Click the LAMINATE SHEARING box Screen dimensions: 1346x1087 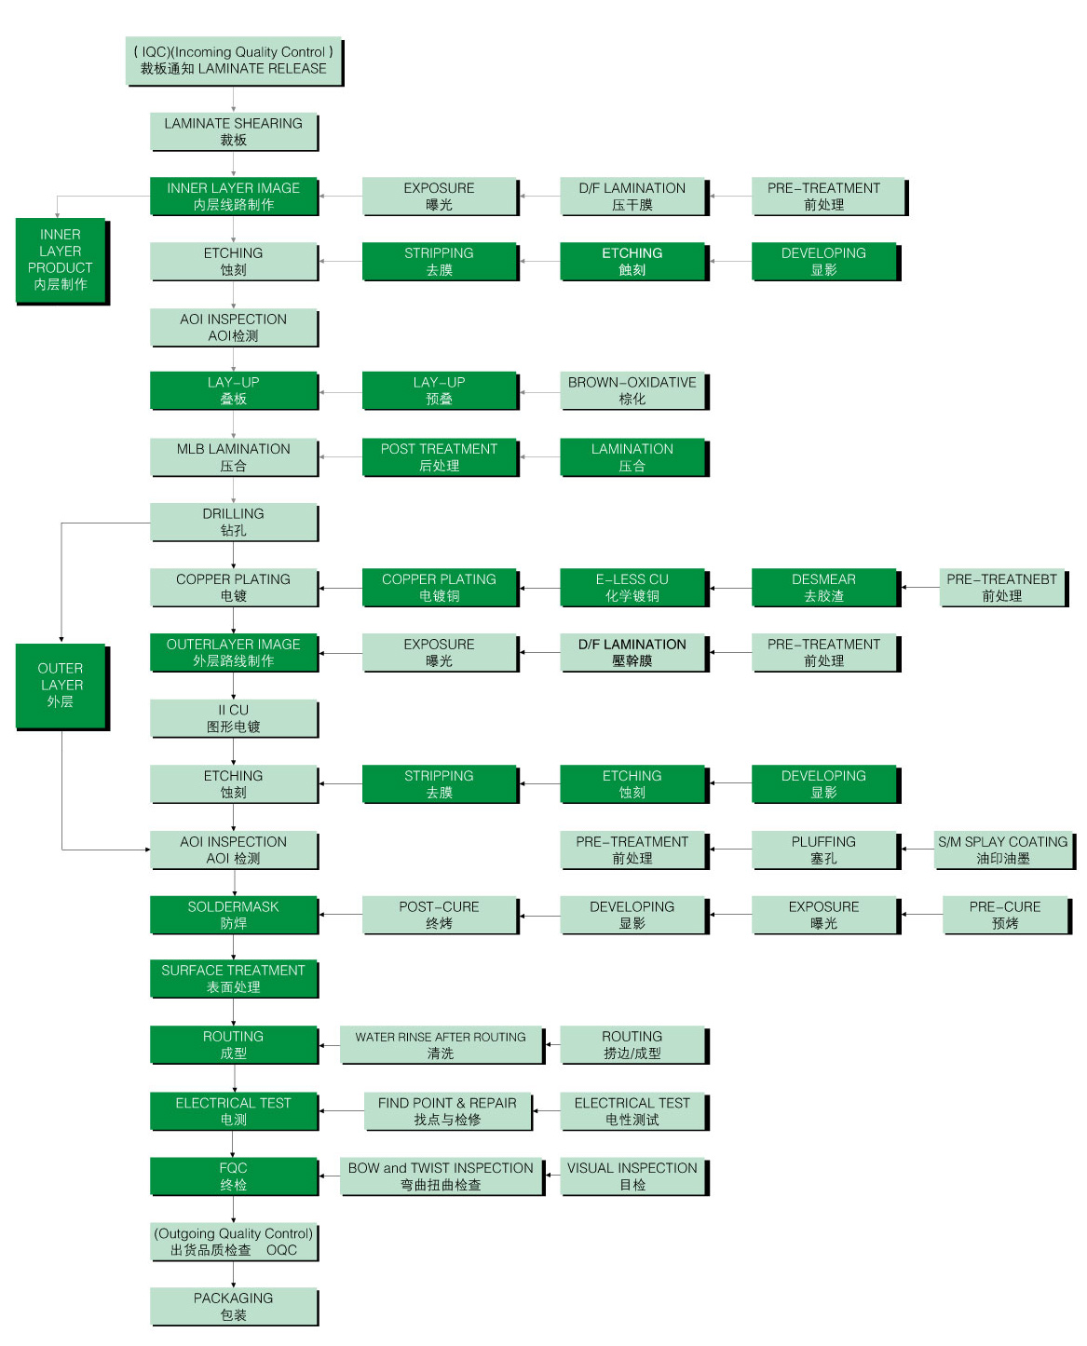pyautogui.click(x=233, y=131)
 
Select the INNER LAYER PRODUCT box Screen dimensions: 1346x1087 pyautogui.click(x=61, y=260)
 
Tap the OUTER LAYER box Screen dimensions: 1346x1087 pyautogui.click(x=61, y=685)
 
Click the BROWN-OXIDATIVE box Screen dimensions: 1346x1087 pyautogui.click(x=632, y=390)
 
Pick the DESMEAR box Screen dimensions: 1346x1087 pyautogui.click(x=823, y=587)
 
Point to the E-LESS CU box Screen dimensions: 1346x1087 pyautogui.click(x=632, y=587)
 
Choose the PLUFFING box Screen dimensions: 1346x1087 pyautogui.click(x=823, y=850)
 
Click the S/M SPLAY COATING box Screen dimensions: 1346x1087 pyautogui.click(x=1003, y=850)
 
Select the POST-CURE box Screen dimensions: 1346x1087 pyautogui.click(x=439, y=915)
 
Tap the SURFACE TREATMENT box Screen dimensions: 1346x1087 pyautogui.click(x=233, y=978)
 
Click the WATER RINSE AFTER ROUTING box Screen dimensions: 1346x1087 pyautogui.click(x=441, y=1044)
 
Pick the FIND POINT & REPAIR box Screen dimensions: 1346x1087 pyautogui.click(x=447, y=1110)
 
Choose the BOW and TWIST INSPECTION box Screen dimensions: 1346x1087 pyautogui.click(x=441, y=1176)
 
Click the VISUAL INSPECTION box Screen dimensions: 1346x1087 pyautogui.click(x=632, y=1176)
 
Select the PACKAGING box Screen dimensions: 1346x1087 pyautogui.click(x=233, y=1306)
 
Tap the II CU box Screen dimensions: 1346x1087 pyautogui.click(x=233, y=718)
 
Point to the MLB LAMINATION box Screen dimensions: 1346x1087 pyautogui.click(x=233, y=456)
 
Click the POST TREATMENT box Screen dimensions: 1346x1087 pyautogui.click(x=439, y=456)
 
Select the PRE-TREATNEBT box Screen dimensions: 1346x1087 pyautogui.click(x=1001, y=587)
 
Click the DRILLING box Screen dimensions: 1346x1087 pyautogui.click(x=233, y=522)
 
